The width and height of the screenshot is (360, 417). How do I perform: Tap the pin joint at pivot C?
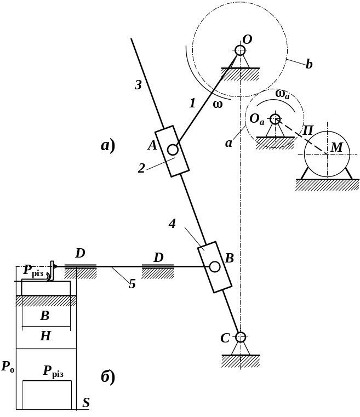pyautogui.click(x=240, y=336)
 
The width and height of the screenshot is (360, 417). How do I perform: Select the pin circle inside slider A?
pyautogui.click(x=173, y=148)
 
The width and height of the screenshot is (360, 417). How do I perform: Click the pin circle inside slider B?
pyautogui.click(x=215, y=266)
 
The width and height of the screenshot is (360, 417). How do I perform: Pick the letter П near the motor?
pyautogui.click(x=308, y=131)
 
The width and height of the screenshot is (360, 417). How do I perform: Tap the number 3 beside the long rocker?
pyautogui.click(x=139, y=85)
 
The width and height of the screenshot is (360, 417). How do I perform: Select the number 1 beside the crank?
pyautogui.click(x=192, y=102)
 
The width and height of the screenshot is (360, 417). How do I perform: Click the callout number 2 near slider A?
pyautogui.click(x=141, y=168)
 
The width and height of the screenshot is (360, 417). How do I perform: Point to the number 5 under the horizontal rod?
pyautogui.click(x=132, y=284)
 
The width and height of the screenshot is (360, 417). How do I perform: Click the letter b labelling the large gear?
pyautogui.click(x=309, y=65)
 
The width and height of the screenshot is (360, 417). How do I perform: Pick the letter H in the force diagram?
pyautogui.click(x=45, y=336)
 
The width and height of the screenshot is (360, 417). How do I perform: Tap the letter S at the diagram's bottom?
pyautogui.click(x=86, y=403)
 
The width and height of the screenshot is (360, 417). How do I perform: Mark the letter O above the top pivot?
pyautogui.click(x=247, y=39)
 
